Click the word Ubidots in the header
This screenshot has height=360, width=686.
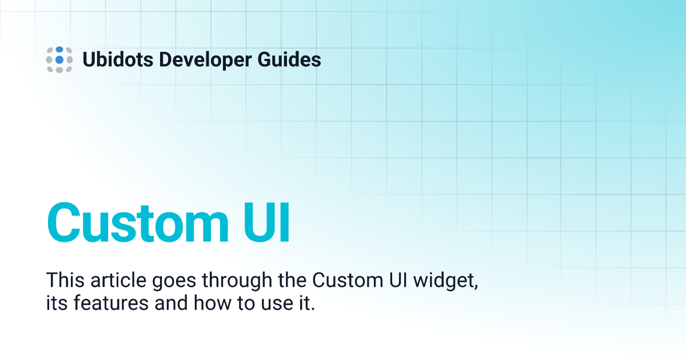pyautogui.click(x=116, y=59)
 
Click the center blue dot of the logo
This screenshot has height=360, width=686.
pyautogui.click(x=59, y=59)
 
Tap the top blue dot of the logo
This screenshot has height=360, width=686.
pyautogui.click(x=59, y=49)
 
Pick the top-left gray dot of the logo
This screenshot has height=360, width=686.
pyautogui.click(x=50, y=50)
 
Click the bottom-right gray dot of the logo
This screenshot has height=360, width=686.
pyautogui.click(x=69, y=69)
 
